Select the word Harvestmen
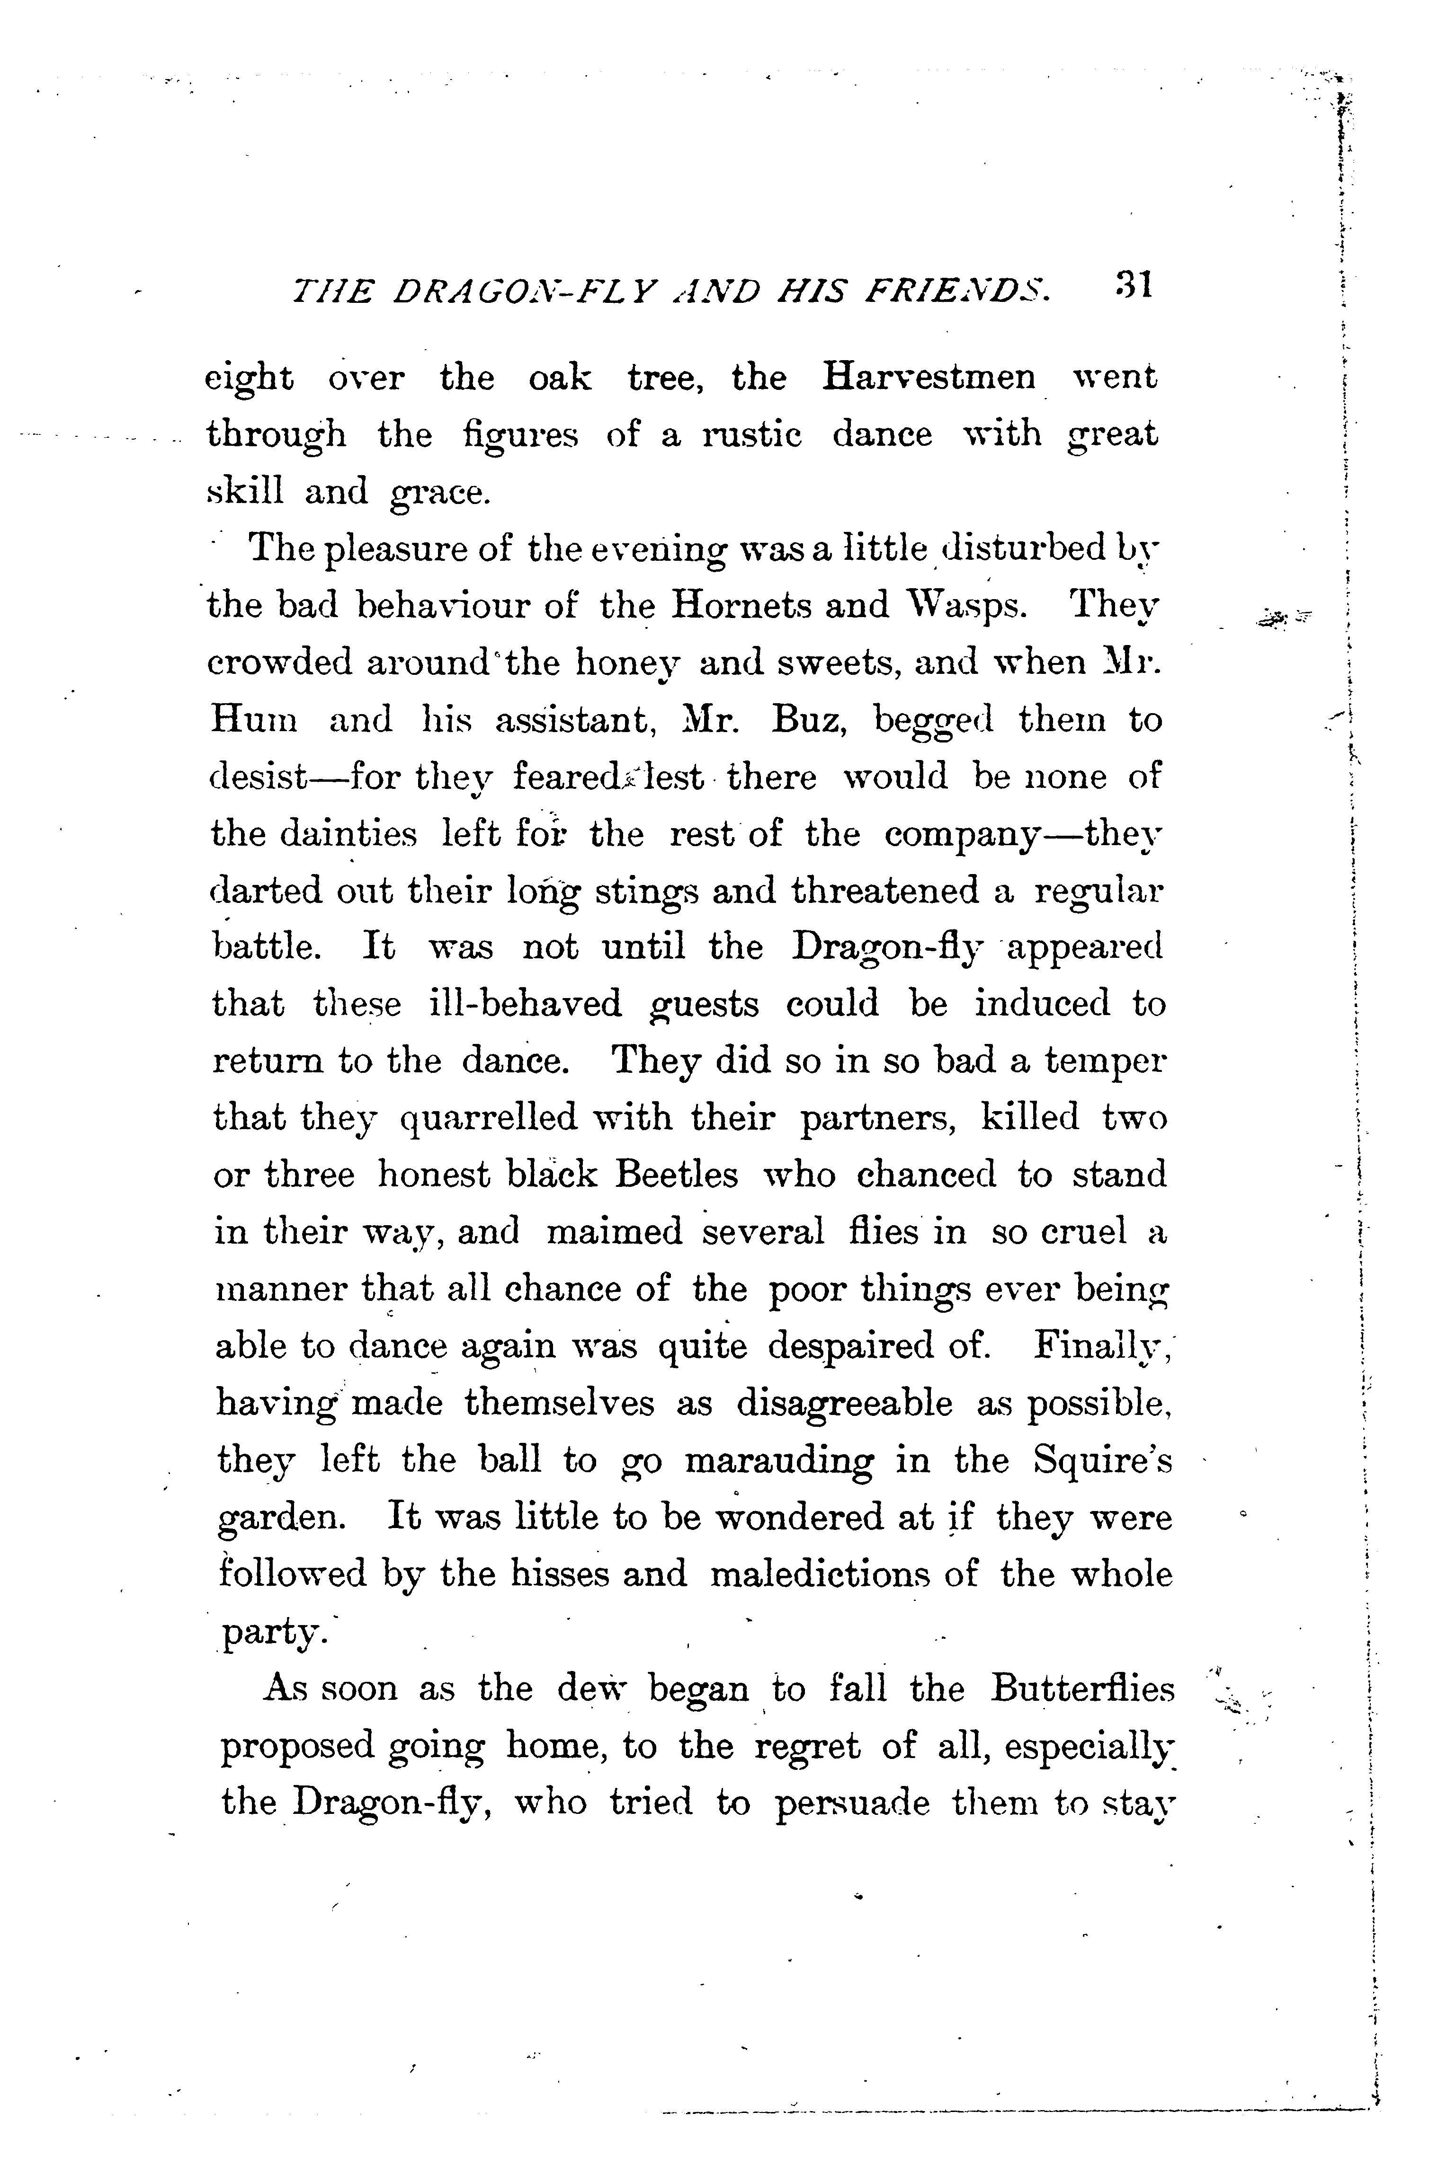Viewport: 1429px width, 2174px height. coord(929,377)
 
